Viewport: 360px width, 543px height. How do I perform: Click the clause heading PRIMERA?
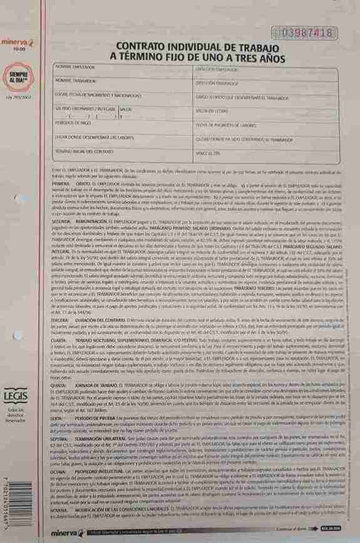(61, 185)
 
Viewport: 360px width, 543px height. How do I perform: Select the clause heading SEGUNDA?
(61, 220)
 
